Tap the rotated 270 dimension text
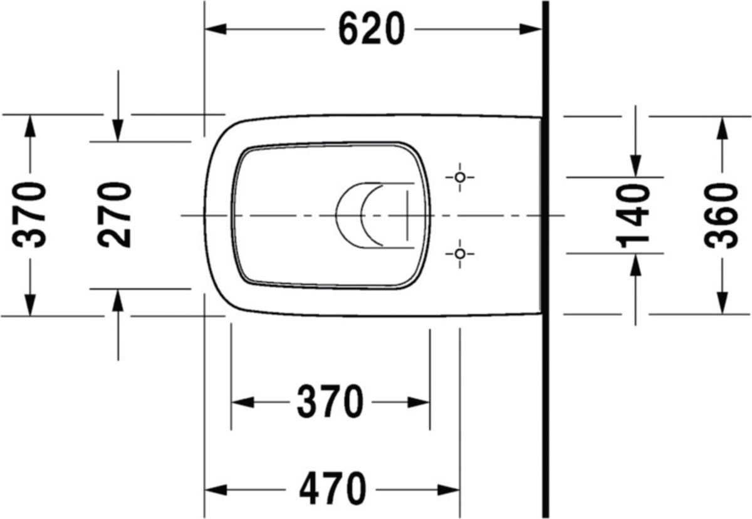[x=117, y=214]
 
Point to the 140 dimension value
[x=635, y=214]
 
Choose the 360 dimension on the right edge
[x=722, y=214]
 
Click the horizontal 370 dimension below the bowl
[x=330, y=402]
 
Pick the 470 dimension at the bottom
[x=332, y=489]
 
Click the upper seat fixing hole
[x=460, y=177]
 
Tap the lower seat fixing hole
[x=460, y=253]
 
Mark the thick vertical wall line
[x=546, y=259]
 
